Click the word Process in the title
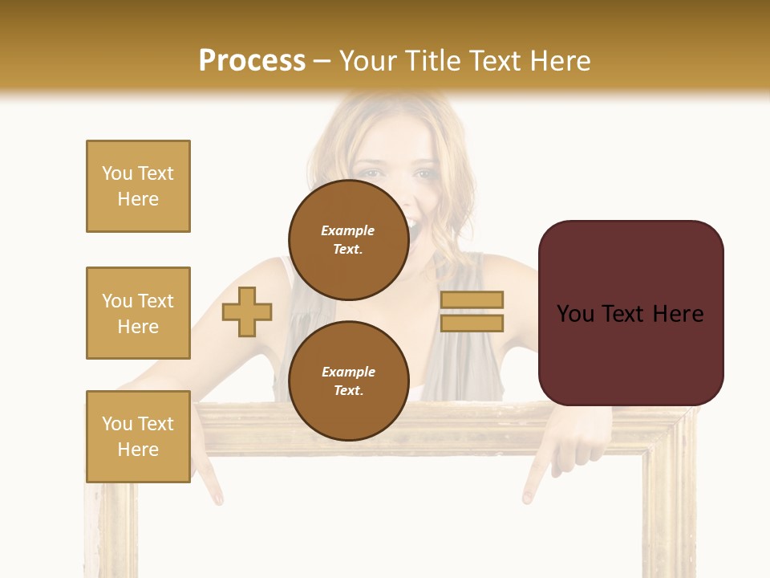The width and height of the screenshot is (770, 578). [x=252, y=61]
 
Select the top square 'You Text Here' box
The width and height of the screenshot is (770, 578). [x=138, y=186]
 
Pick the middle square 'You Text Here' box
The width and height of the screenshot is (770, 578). [x=138, y=313]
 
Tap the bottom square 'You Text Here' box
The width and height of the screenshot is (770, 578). [x=138, y=436]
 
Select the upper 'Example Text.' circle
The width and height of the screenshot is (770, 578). [x=348, y=240]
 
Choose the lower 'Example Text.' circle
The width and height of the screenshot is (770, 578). [x=348, y=381]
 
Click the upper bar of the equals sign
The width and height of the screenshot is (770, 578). [x=472, y=299]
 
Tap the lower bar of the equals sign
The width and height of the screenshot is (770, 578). [x=472, y=324]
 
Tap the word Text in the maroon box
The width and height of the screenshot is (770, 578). [x=628, y=314]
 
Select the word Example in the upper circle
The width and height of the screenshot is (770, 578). [x=348, y=230]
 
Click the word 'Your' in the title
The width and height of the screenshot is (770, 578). [x=367, y=61]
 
